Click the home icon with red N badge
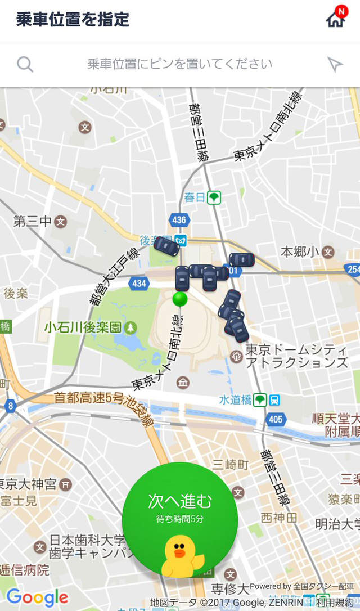tap(336, 19)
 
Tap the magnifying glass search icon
tap(25, 64)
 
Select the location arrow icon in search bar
tap(335, 65)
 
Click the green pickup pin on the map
tap(179, 299)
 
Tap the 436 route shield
tap(179, 220)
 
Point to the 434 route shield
tap(139, 283)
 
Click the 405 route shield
tap(276, 419)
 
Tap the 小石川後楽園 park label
tap(83, 327)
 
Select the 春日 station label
tap(195, 197)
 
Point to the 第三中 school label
tap(33, 221)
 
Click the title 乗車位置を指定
tap(73, 20)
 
